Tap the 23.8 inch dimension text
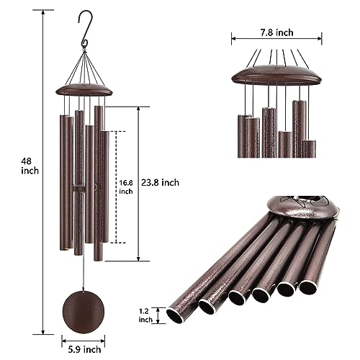160,183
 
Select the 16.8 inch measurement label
126,187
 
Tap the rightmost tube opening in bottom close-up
307,287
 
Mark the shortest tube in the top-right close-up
285,144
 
